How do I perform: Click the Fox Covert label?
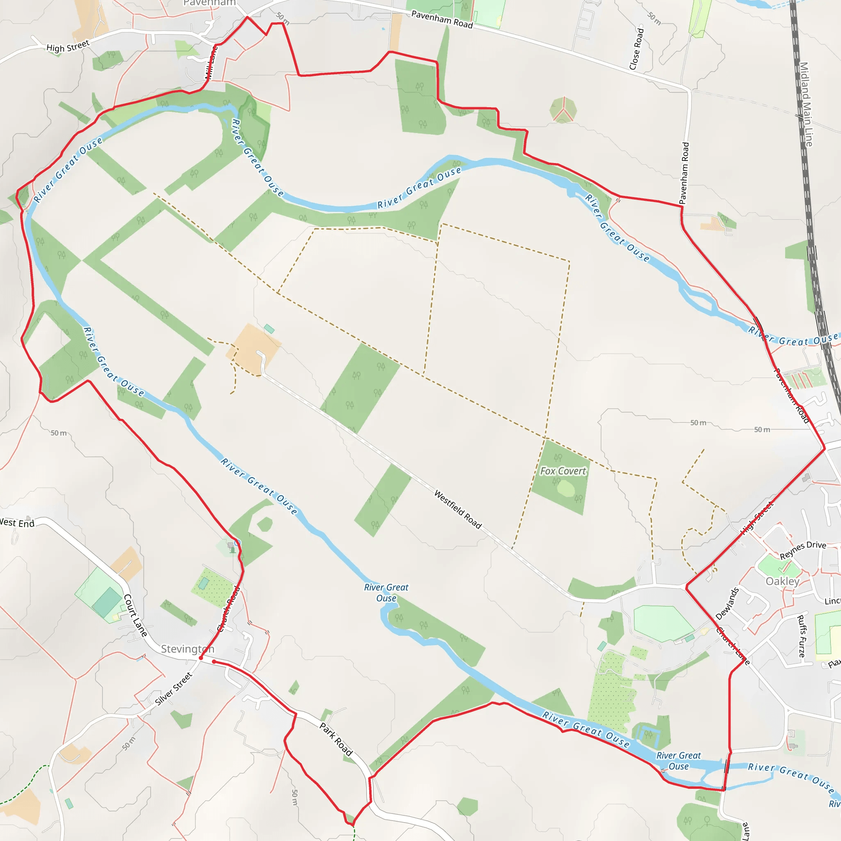[x=563, y=471]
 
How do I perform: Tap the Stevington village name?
[x=188, y=649]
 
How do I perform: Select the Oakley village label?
[x=783, y=581]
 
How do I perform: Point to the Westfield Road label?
[x=458, y=509]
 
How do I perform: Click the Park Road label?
[x=336, y=739]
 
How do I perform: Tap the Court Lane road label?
[x=136, y=616]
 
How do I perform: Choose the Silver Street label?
[x=174, y=689]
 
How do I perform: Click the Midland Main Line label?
[x=806, y=104]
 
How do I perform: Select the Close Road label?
[x=636, y=49]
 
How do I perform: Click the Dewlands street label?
[x=727, y=604]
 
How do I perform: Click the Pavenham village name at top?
[x=209, y=3]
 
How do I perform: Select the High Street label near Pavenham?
[x=68, y=46]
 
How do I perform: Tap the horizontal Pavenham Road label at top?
[x=442, y=20]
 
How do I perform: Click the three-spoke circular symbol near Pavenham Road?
[x=563, y=110]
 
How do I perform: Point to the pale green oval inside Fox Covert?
[x=565, y=488]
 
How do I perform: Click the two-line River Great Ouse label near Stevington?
[x=386, y=593]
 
